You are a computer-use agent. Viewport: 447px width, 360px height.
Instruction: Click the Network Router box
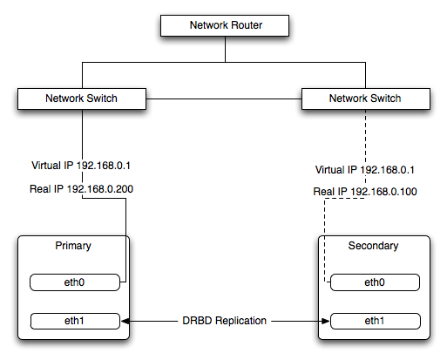[x=226, y=25]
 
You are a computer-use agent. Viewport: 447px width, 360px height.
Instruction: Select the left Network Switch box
[x=81, y=98]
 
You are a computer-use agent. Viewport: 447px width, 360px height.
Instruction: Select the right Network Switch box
[x=365, y=98]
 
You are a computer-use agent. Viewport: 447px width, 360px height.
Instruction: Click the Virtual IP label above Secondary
[x=365, y=170]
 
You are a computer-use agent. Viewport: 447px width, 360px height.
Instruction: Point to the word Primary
[x=72, y=246]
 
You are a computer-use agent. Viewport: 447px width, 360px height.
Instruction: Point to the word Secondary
[x=375, y=246]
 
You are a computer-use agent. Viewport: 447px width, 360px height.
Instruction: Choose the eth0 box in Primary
[x=74, y=282]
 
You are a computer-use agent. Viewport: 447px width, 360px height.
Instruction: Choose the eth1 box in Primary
[x=74, y=321]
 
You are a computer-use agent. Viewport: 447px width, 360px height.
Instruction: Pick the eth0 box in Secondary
[x=375, y=282]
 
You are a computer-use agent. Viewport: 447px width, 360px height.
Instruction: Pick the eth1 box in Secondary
[x=375, y=321]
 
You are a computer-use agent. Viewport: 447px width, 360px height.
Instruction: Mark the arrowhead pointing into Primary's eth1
[x=133, y=321]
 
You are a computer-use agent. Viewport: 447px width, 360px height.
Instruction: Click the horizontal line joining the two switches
[x=222, y=98]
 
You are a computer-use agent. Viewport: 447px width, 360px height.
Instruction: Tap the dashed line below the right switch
[x=364, y=135]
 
